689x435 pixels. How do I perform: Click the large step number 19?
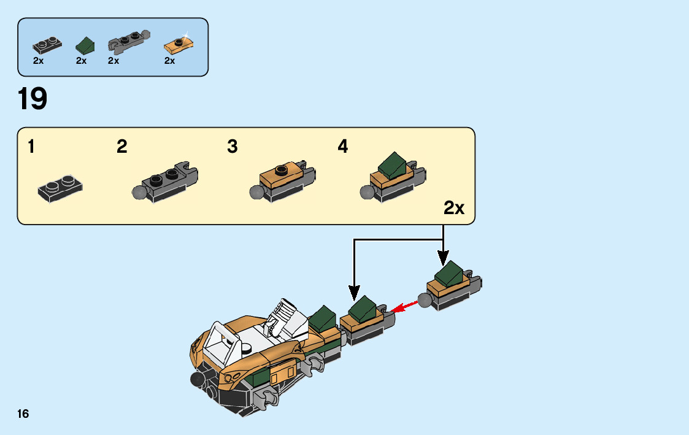click(x=33, y=99)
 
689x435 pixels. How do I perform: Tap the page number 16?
click(x=23, y=414)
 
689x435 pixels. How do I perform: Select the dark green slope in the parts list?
click(x=85, y=45)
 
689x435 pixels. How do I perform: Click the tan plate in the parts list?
click(x=179, y=45)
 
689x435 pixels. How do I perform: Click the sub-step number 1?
click(x=31, y=147)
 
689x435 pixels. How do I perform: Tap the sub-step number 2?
click(x=122, y=147)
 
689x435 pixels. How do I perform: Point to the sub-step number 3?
click(x=232, y=147)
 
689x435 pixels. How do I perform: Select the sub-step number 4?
click(x=342, y=147)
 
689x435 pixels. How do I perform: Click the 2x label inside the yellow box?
click(x=454, y=209)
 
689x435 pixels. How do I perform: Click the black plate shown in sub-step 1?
click(x=60, y=187)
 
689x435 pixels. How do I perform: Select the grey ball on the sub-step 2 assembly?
click(x=139, y=192)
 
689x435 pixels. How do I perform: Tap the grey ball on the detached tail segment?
click(x=425, y=300)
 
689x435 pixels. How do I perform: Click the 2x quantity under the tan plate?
click(x=170, y=61)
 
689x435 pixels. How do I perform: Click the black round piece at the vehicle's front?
click(x=197, y=379)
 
